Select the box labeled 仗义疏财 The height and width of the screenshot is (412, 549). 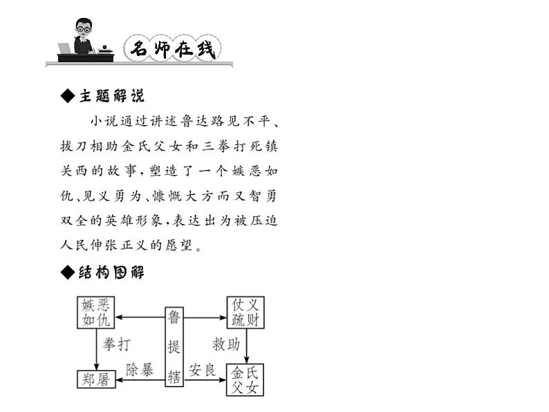coord(245,312)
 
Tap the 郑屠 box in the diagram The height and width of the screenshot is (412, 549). coord(95,379)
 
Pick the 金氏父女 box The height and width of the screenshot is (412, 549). coord(245,380)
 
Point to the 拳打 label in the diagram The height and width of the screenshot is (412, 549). coord(116,344)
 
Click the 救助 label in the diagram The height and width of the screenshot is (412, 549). coord(226,344)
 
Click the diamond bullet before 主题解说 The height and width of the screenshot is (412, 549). coord(67,95)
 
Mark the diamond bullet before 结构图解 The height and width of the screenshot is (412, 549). coord(67,272)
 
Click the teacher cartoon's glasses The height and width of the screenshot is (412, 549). coord(84,29)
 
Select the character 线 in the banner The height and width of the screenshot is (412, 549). coord(205,48)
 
